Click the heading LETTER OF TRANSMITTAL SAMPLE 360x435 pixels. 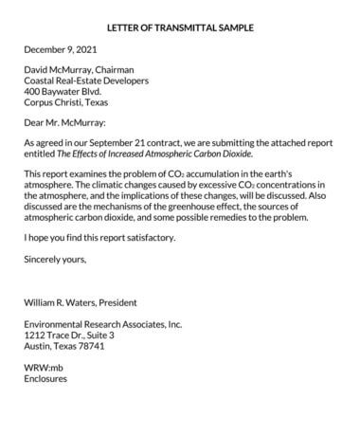[x=180, y=27]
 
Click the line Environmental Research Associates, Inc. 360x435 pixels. [x=102, y=325]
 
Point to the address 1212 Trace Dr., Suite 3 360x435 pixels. [x=69, y=335]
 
